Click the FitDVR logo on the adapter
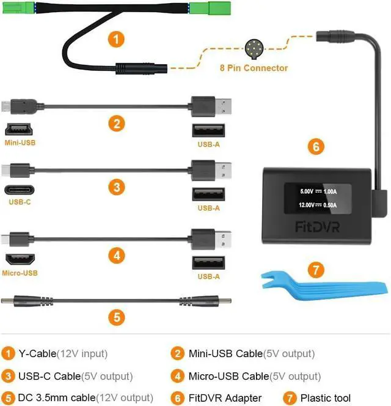318,227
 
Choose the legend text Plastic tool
327,398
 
